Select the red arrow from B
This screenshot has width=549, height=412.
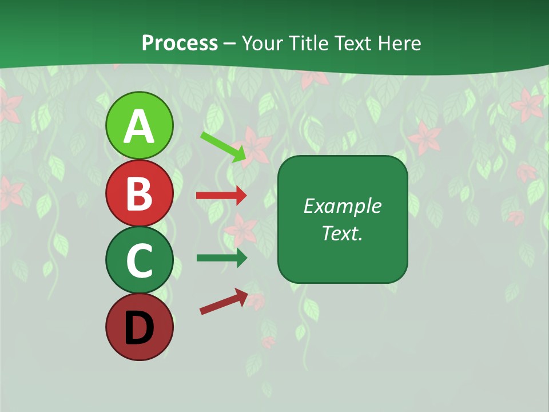click(221, 196)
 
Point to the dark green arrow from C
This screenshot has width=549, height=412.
click(221, 257)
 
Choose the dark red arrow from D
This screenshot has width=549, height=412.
click(224, 302)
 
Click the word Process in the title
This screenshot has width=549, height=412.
click(180, 43)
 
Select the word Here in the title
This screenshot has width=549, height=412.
click(400, 43)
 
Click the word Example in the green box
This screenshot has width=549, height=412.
click(342, 206)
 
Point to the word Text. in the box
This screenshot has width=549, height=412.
click(342, 233)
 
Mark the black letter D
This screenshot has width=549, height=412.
click(139, 328)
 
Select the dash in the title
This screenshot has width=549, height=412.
click(230, 43)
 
